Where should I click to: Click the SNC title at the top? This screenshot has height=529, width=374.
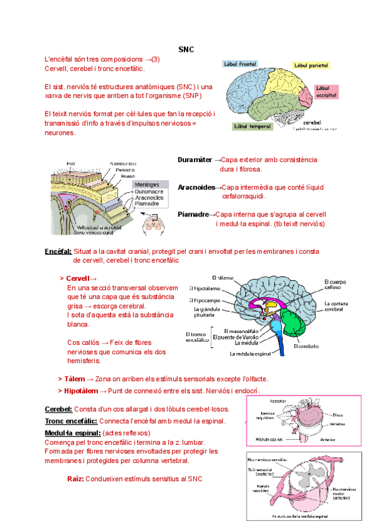186,49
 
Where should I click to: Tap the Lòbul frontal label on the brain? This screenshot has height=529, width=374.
240,64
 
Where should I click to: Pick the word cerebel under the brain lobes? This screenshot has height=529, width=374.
316,122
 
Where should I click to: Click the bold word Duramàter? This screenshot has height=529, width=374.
194,160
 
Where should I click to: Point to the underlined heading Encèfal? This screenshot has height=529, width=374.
58,251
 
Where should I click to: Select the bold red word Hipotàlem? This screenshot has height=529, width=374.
81,391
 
